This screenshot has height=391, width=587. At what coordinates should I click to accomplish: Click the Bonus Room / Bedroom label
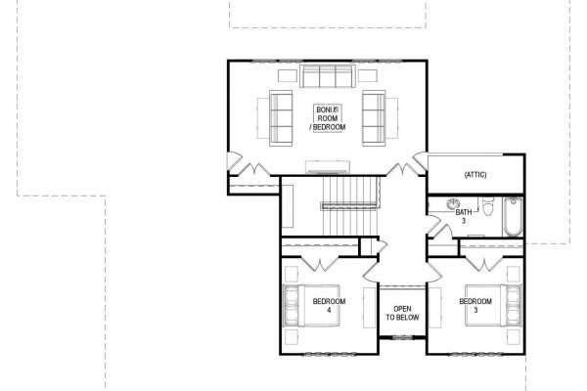(x=328, y=118)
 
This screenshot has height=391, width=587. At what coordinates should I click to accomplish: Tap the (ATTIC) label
(x=475, y=175)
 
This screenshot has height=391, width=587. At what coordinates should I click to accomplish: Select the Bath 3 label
(x=464, y=217)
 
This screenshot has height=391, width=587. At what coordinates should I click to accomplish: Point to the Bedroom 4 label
(x=329, y=305)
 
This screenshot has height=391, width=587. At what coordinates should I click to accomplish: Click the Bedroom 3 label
(x=475, y=305)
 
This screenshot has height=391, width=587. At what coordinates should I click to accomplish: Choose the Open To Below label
(x=402, y=313)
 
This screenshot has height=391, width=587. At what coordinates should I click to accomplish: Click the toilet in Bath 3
(x=488, y=206)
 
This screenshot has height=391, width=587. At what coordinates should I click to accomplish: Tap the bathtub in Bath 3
(x=513, y=217)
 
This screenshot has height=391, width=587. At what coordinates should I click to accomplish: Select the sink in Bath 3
(x=453, y=204)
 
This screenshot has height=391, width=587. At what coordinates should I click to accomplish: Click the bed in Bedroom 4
(x=312, y=306)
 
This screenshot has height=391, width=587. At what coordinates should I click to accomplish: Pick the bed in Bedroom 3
(x=493, y=306)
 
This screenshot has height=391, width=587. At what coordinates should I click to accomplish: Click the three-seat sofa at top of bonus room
(x=328, y=76)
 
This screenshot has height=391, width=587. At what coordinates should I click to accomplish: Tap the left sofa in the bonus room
(x=281, y=118)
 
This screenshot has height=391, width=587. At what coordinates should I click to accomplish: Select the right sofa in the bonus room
(x=374, y=118)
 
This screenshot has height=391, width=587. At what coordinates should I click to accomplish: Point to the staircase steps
(x=350, y=206)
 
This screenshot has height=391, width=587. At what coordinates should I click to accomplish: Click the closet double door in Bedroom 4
(x=320, y=263)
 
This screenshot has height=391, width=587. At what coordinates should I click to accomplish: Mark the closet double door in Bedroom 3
(x=485, y=263)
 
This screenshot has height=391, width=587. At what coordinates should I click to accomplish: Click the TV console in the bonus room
(x=328, y=167)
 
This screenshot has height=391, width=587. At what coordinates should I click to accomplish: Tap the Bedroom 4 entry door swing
(x=371, y=273)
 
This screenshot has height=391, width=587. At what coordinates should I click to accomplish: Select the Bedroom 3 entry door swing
(x=434, y=273)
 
